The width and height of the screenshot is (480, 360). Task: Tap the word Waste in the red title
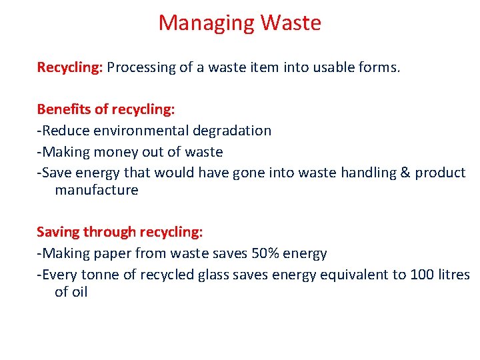pos(291,23)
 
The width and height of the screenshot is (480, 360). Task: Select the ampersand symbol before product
pos(405,173)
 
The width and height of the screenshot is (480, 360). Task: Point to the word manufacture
pos(97,190)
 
